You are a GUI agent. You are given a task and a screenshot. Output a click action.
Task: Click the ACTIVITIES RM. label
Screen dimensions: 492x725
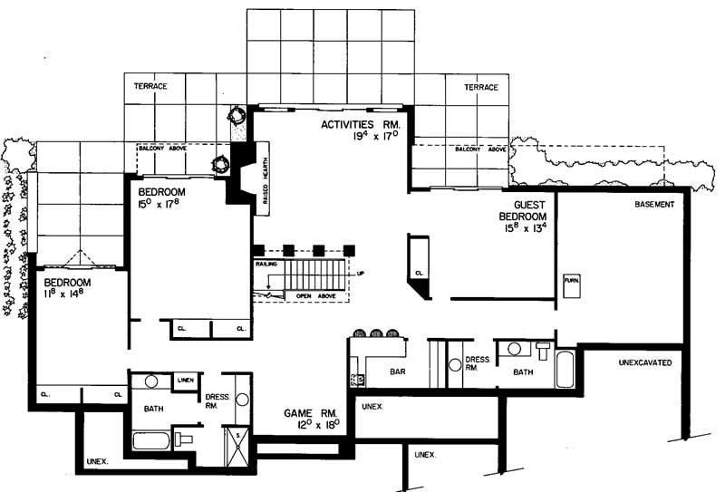click(x=361, y=124)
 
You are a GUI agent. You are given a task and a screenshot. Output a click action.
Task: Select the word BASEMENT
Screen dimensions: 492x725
click(x=655, y=205)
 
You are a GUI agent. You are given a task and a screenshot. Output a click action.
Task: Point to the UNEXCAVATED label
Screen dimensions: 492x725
click(x=644, y=362)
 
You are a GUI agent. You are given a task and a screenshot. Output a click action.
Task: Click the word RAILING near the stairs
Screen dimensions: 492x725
click(x=266, y=265)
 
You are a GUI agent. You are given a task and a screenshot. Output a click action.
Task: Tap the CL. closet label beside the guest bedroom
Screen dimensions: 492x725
click(x=420, y=272)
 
